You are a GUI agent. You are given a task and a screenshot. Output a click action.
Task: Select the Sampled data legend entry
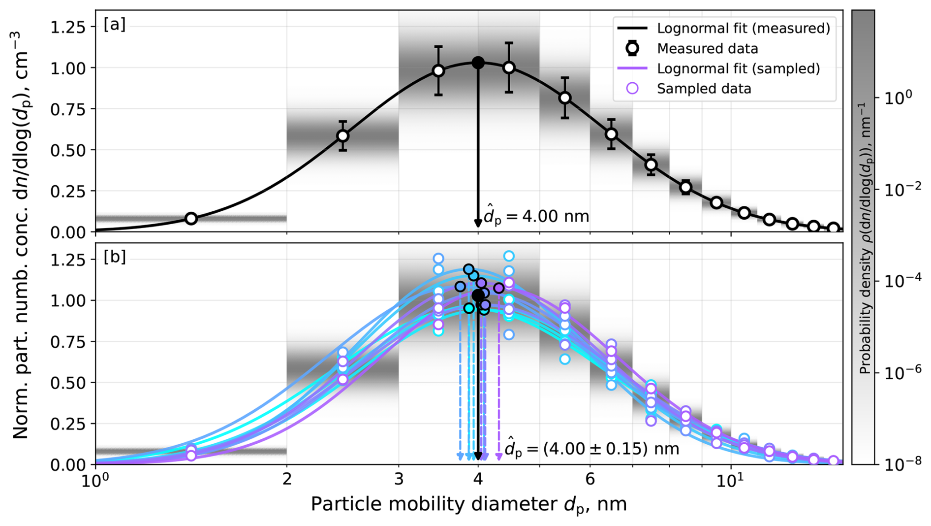tap(704, 89)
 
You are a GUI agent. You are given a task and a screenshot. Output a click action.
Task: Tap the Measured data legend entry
tap(707, 48)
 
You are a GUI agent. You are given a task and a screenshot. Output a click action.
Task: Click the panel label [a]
tap(114, 24)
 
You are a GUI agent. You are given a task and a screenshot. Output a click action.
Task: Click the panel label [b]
tap(114, 257)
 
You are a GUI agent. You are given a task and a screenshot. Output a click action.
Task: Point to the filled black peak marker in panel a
tap(478, 63)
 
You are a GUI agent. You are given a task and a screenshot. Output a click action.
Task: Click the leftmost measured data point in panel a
tap(191, 218)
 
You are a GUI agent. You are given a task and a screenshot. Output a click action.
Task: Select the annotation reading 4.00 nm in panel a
tap(536, 216)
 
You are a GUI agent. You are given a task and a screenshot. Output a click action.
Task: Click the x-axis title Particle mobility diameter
tap(468, 504)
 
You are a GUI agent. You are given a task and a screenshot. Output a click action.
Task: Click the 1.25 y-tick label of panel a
tap(66, 27)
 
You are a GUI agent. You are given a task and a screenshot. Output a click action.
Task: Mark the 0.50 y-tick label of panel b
tap(66, 383)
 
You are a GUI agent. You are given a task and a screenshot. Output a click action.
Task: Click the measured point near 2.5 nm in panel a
tap(342, 135)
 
